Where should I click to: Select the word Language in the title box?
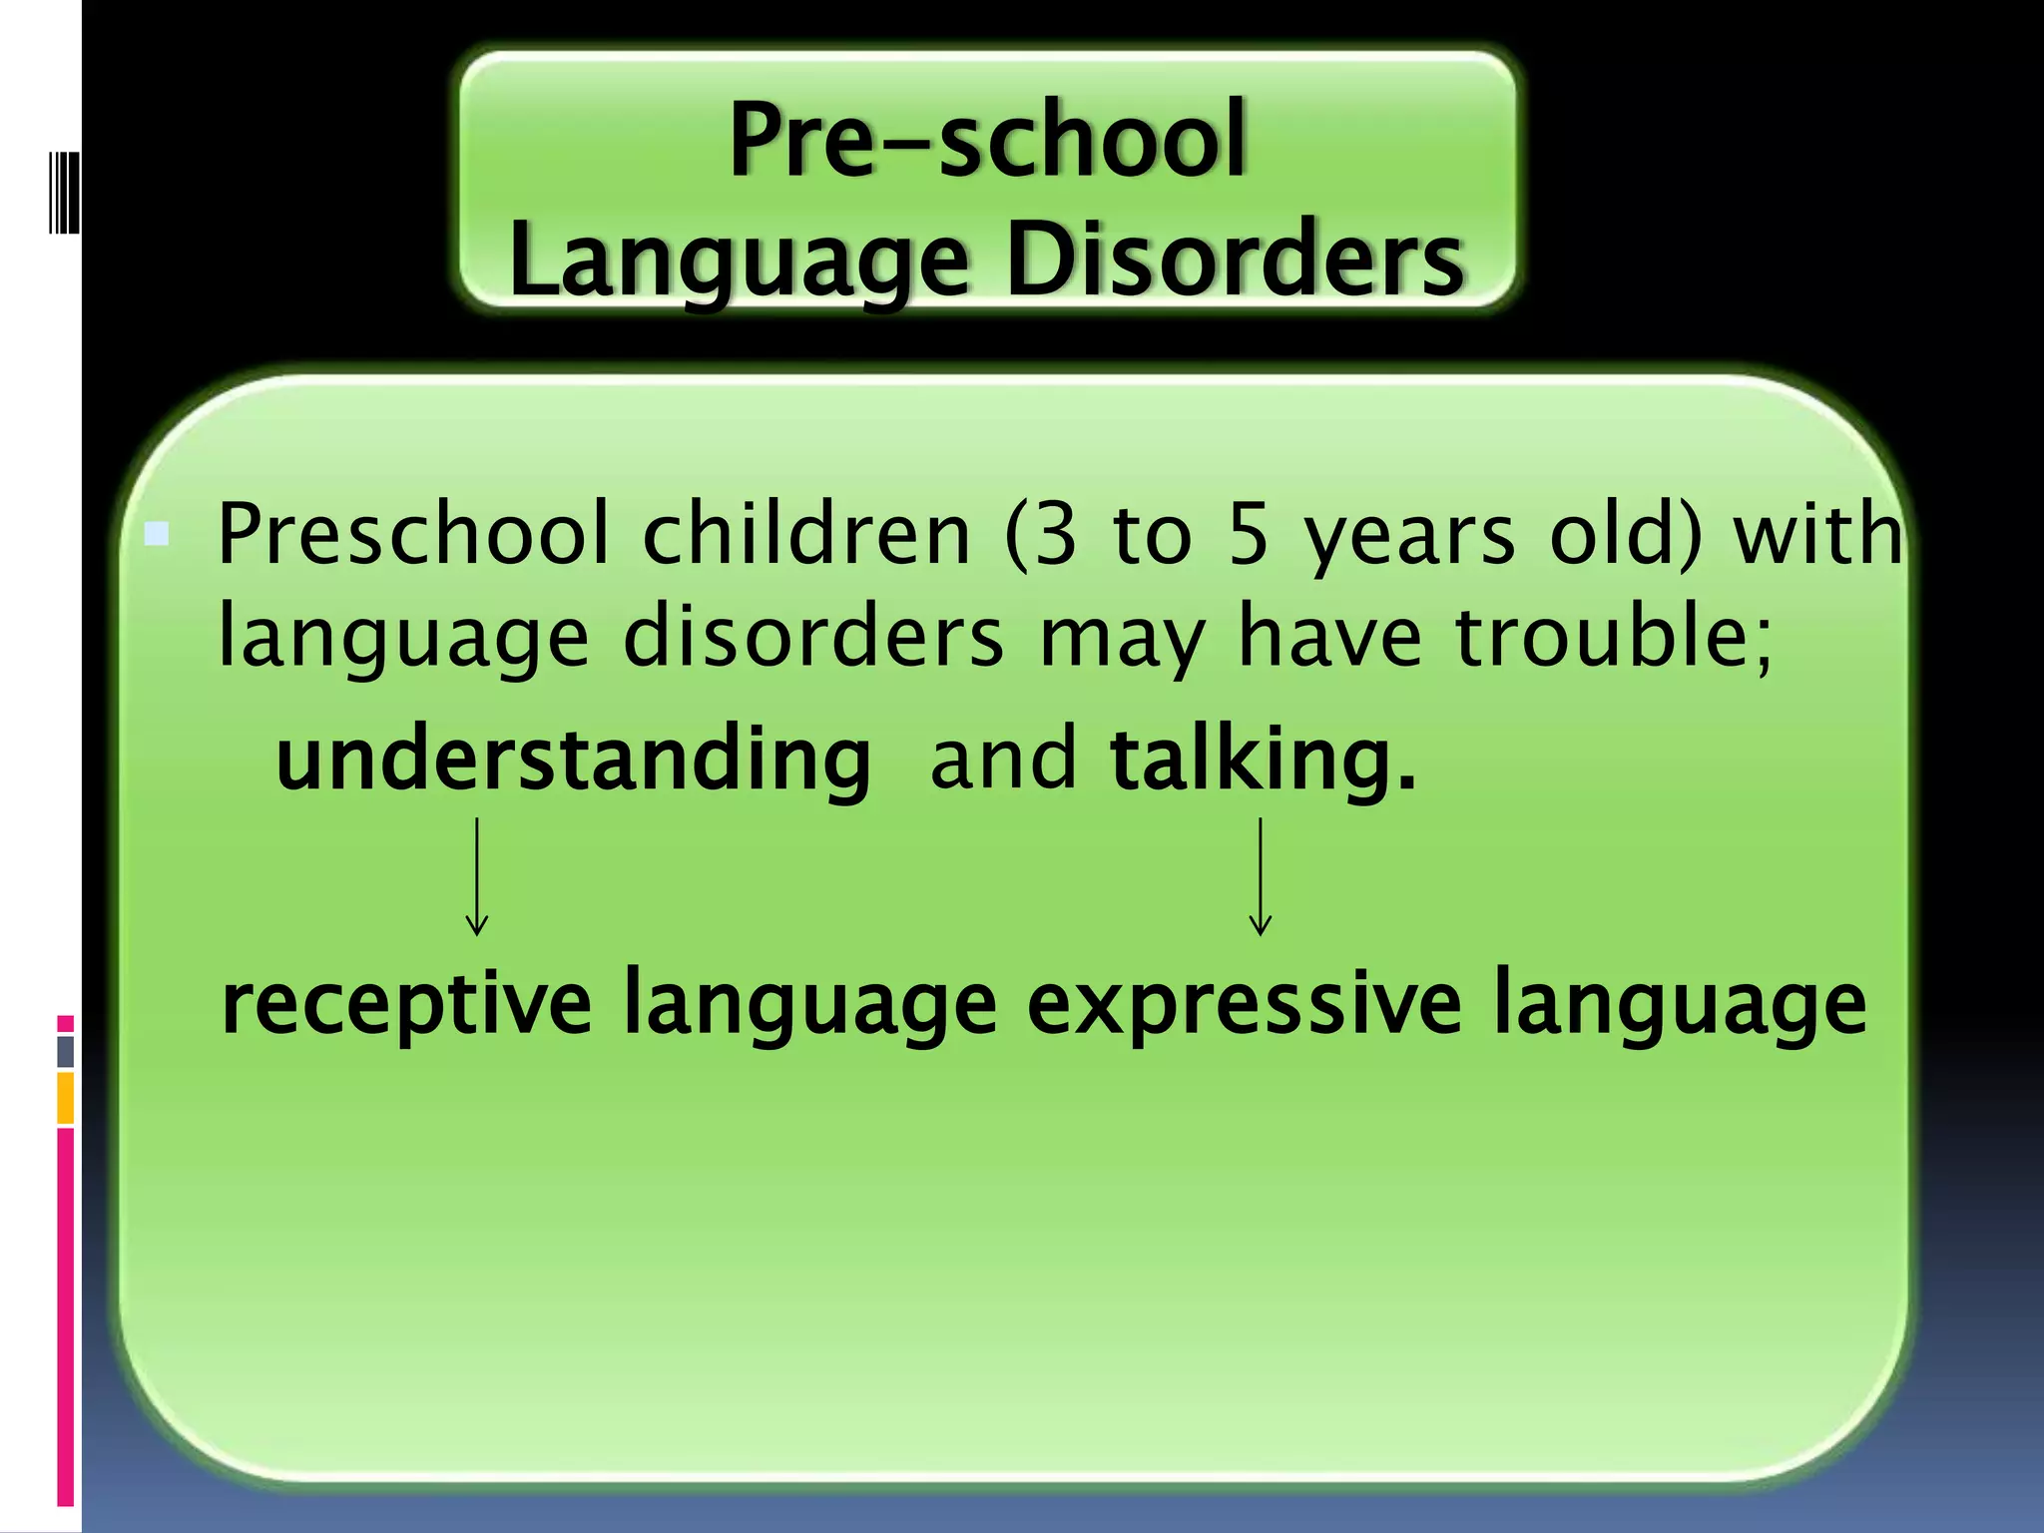[740, 259]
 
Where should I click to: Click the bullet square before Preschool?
[157, 534]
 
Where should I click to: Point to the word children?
[806, 535]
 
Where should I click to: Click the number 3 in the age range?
[1056, 535]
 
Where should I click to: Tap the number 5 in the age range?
[1249, 535]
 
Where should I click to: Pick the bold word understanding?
[574, 761]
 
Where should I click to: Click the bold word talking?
[1263, 761]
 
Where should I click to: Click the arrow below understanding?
[477, 876]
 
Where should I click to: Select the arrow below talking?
[1261, 876]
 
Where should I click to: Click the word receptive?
[406, 1003]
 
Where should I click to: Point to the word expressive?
[1244, 1003]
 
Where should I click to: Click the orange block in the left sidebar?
[66, 1098]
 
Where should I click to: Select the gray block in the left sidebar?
[66, 1052]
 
